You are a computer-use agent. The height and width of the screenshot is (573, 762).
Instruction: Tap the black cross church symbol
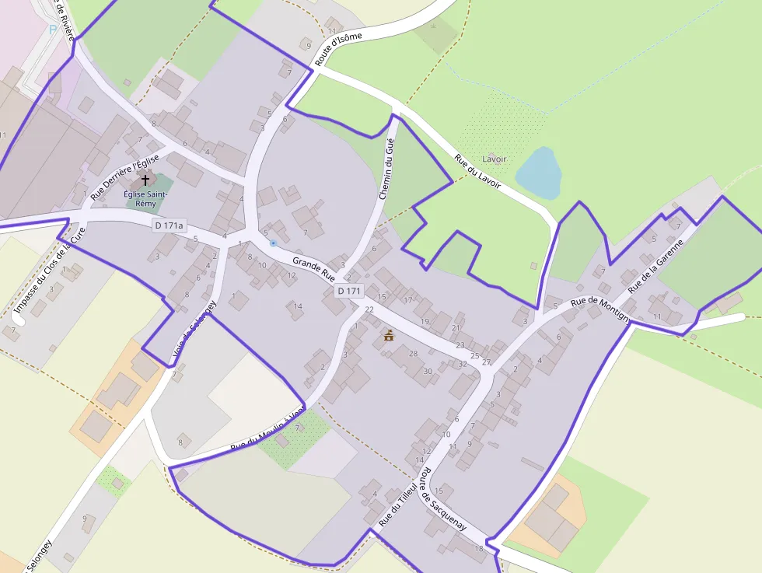click(145, 180)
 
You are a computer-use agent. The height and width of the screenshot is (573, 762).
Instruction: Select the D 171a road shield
click(168, 225)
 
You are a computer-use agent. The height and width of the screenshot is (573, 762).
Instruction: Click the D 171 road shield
click(349, 291)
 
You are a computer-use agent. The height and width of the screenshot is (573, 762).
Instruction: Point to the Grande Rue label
click(313, 268)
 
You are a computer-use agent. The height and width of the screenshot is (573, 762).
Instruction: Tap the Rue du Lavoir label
click(477, 174)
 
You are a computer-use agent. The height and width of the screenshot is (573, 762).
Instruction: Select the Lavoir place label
click(494, 159)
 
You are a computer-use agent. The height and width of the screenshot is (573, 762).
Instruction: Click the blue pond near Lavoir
click(538, 173)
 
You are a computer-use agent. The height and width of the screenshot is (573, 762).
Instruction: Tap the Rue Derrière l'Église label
click(124, 177)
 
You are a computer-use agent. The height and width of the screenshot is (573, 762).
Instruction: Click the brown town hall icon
click(388, 336)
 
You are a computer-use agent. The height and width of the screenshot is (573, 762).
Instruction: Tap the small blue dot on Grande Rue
click(273, 243)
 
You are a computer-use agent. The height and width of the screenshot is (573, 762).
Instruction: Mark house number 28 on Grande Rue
click(414, 354)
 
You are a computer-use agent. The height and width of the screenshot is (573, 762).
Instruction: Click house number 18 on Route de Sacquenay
click(479, 549)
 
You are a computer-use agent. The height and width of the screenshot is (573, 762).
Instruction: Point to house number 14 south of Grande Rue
click(297, 306)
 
